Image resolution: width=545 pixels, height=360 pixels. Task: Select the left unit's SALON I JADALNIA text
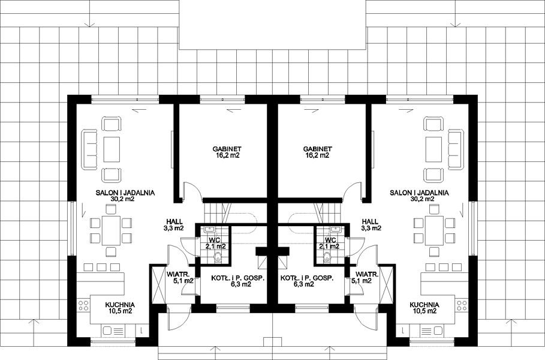pyautogui.click(x=125, y=193)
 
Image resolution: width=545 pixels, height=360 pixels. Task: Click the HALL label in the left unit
pyautogui.click(x=174, y=221)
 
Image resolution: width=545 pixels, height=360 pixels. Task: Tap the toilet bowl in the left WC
pyautogui.click(x=218, y=257)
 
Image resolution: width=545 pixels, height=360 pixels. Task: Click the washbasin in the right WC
pyautogui.click(x=336, y=229)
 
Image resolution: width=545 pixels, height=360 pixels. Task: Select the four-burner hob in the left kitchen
pyautogui.click(x=83, y=305)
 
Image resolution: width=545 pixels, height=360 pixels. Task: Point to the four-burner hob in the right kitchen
pyautogui.click(x=462, y=305)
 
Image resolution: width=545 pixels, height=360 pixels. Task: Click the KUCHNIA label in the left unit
pyautogui.click(x=120, y=305)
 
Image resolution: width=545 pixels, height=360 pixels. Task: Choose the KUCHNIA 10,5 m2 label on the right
pyautogui.click(x=424, y=308)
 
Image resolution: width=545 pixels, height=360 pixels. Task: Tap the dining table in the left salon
pyautogui.click(x=111, y=230)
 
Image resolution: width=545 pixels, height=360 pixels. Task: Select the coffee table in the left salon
pyautogui.click(x=112, y=149)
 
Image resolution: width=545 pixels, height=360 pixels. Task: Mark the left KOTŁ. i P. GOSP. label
pyautogui.click(x=238, y=278)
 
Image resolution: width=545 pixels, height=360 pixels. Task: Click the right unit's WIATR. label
pyautogui.click(x=367, y=274)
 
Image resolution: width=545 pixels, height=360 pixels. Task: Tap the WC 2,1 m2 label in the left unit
pyautogui.click(x=216, y=243)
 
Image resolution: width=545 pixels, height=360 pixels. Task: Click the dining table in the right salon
pyautogui.click(x=434, y=230)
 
